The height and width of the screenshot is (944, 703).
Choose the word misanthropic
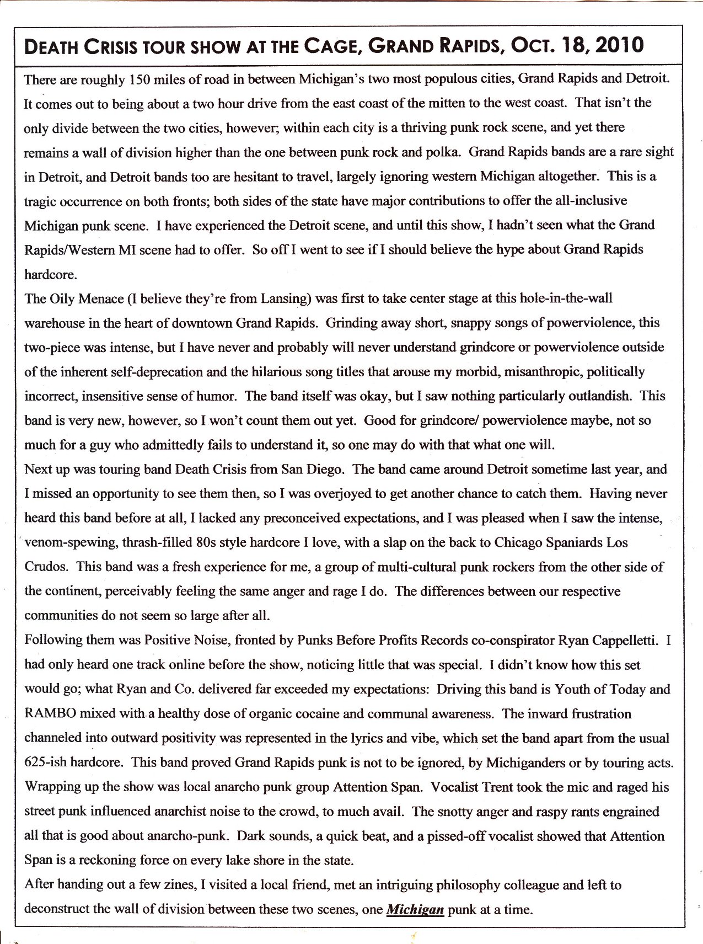[x=538, y=372]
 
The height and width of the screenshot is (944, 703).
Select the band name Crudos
[x=46, y=567]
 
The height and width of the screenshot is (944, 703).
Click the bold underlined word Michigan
[x=415, y=909]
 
